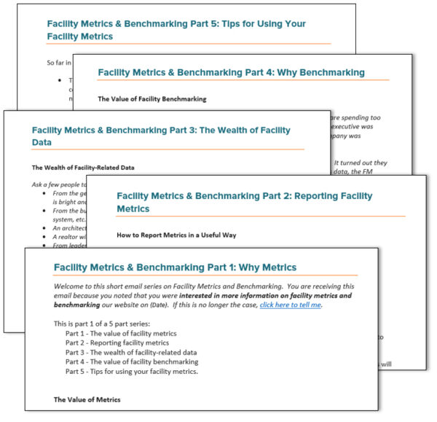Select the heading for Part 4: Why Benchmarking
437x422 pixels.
pos(231,73)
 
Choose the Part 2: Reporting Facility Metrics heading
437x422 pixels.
pos(244,202)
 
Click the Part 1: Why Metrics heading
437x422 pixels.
pos(175,267)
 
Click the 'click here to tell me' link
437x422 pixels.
pos(290,305)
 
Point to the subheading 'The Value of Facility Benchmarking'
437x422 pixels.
pos(151,98)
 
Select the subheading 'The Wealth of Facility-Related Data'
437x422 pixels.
pos(82,168)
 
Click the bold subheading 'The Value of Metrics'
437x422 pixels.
pos(87,399)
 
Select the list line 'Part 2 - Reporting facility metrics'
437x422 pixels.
pos(117,343)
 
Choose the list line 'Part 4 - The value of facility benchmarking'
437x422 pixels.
pos(131,362)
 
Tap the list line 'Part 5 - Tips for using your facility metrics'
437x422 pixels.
pos(131,371)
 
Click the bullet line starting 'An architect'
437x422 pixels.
pos(65,227)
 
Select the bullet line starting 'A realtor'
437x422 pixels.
pos(63,236)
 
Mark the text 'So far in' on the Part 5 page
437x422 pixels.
pos(52,63)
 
